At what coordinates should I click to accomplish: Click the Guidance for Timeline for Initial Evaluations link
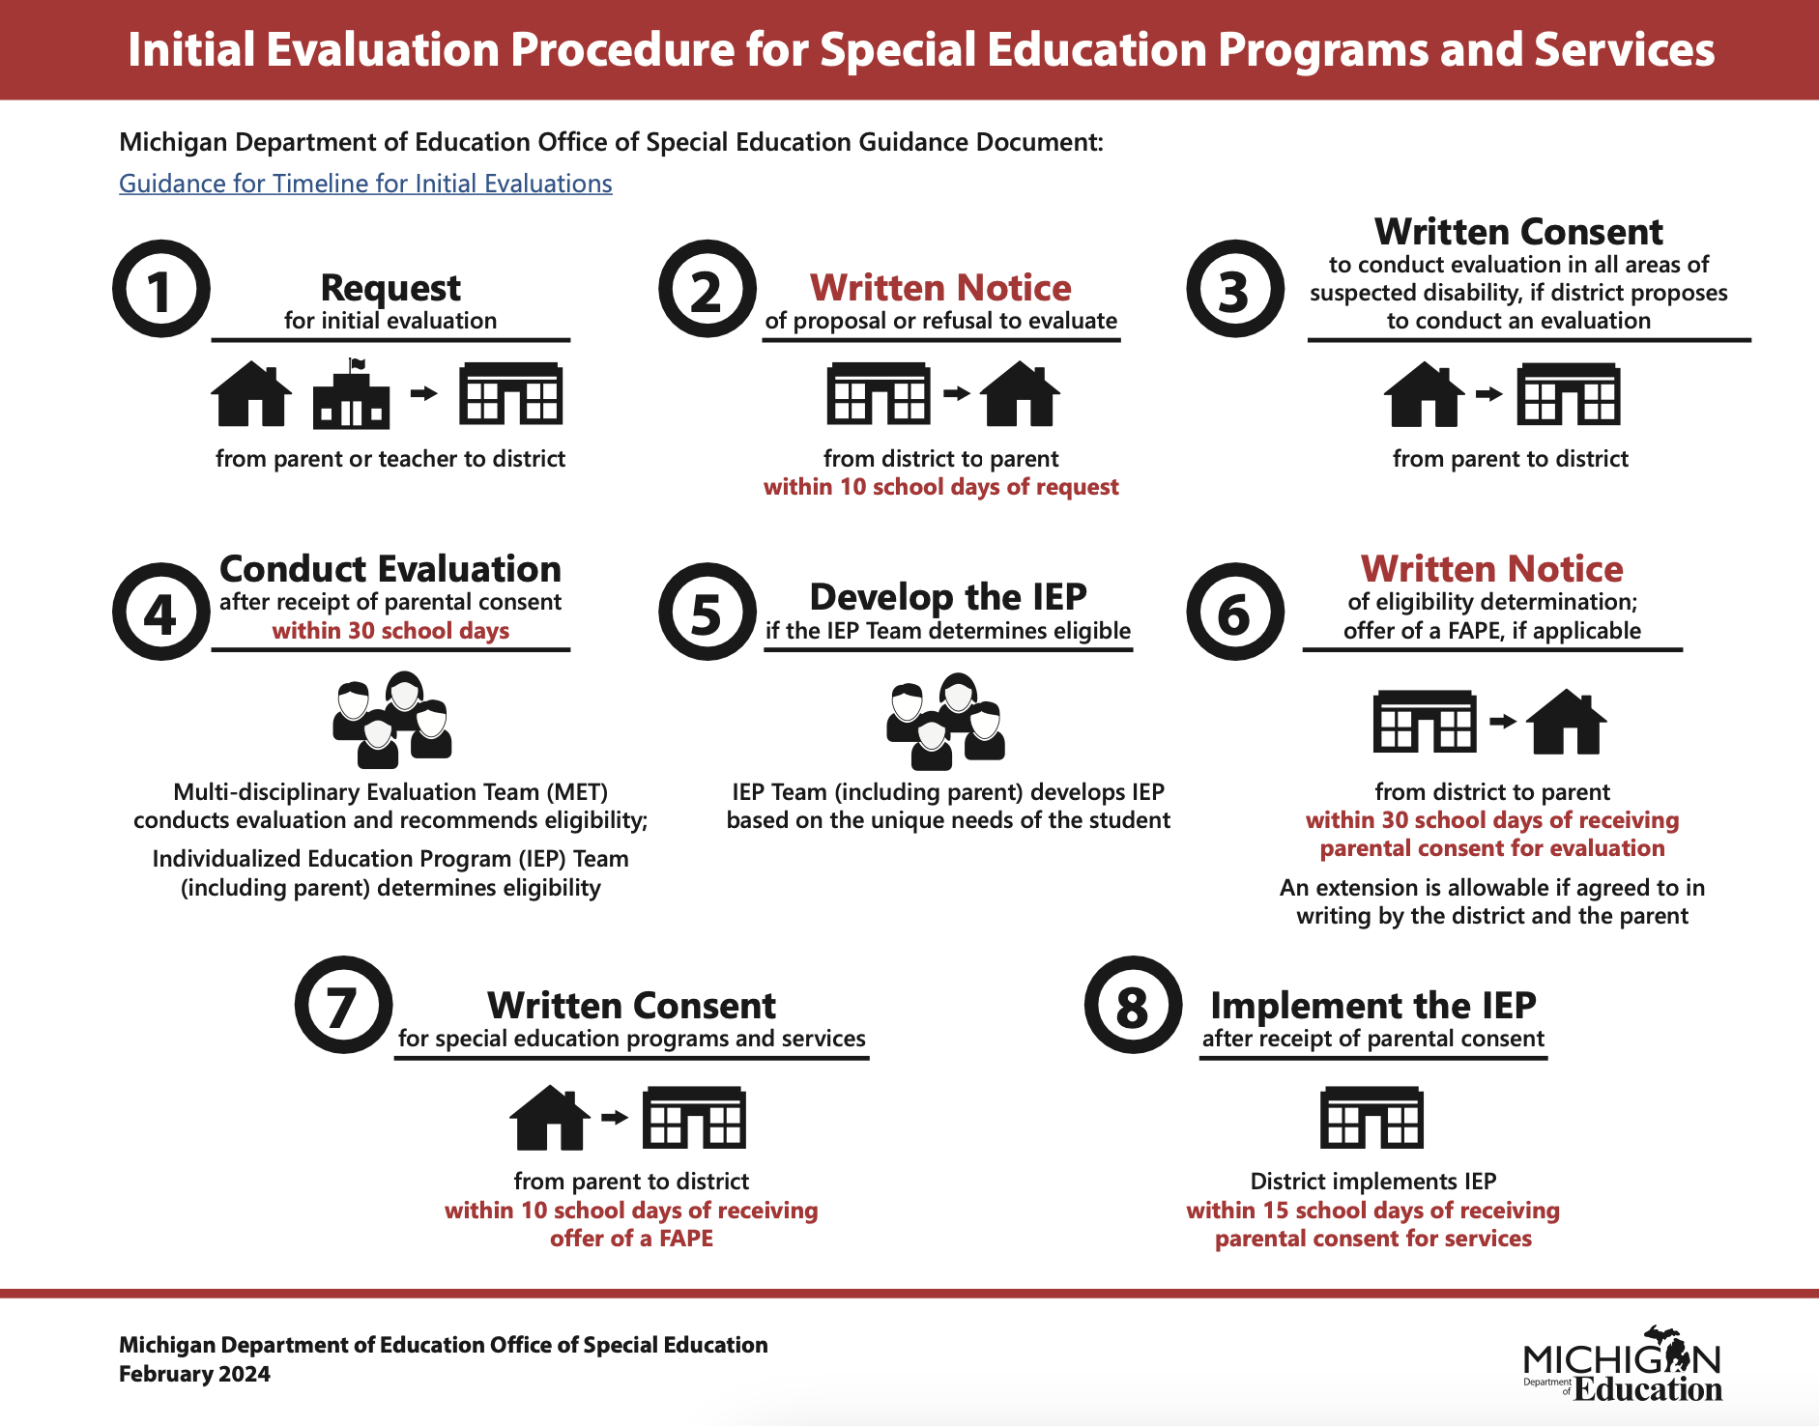tap(365, 184)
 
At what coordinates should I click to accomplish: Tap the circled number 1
tap(160, 289)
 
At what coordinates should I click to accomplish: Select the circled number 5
tap(707, 612)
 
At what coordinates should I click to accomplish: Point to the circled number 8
tap(1132, 1006)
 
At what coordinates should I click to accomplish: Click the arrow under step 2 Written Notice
tap(956, 393)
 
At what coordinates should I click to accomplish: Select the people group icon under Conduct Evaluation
tap(392, 721)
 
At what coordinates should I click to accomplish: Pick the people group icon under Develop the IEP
tap(946, 721)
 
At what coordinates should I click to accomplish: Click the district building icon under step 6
tap(1424, 721)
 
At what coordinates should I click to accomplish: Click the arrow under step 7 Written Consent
tap(614, 1118)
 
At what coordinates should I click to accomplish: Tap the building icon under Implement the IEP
tap(1371, 1118)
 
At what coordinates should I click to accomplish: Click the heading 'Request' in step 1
tap(390, 288)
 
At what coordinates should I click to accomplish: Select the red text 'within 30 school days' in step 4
tap(390, 631)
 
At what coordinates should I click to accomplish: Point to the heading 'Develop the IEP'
tap(948, 597)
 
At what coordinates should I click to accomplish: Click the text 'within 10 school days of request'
tap(940, 487)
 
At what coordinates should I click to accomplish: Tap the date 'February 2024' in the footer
tap(194, 1374)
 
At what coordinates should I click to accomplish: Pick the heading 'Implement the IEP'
tap(1372, 1006)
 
